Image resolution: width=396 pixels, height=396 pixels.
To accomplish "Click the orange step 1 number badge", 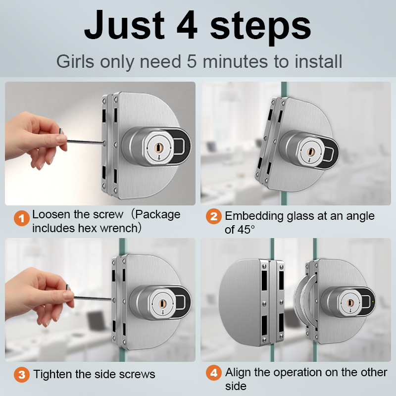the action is tap(22, 218).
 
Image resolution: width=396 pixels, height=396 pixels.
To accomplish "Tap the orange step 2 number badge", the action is tap(214, 216).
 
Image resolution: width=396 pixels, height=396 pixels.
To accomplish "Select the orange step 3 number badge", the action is tap(22, 375).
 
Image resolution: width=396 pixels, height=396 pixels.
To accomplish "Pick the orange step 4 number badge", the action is tap(214, 373).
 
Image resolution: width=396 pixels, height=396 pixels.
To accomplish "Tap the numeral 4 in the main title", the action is tap(187, 25).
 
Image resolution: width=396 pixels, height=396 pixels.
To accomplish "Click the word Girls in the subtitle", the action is tap(75, 61).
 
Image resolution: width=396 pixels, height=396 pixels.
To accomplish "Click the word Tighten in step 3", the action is tap(53, 374).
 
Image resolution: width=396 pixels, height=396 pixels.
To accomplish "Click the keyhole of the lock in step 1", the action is tap(158, 147).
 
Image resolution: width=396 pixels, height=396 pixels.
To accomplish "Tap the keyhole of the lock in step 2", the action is tap(310, 152).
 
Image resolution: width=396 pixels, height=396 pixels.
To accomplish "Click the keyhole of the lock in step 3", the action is tap(162, 303).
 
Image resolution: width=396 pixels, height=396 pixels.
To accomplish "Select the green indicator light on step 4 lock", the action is tap(373, 301).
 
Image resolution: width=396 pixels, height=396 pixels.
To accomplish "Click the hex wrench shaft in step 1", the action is tap(85, 142).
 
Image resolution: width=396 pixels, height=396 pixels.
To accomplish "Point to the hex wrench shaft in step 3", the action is tap(93, 298).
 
